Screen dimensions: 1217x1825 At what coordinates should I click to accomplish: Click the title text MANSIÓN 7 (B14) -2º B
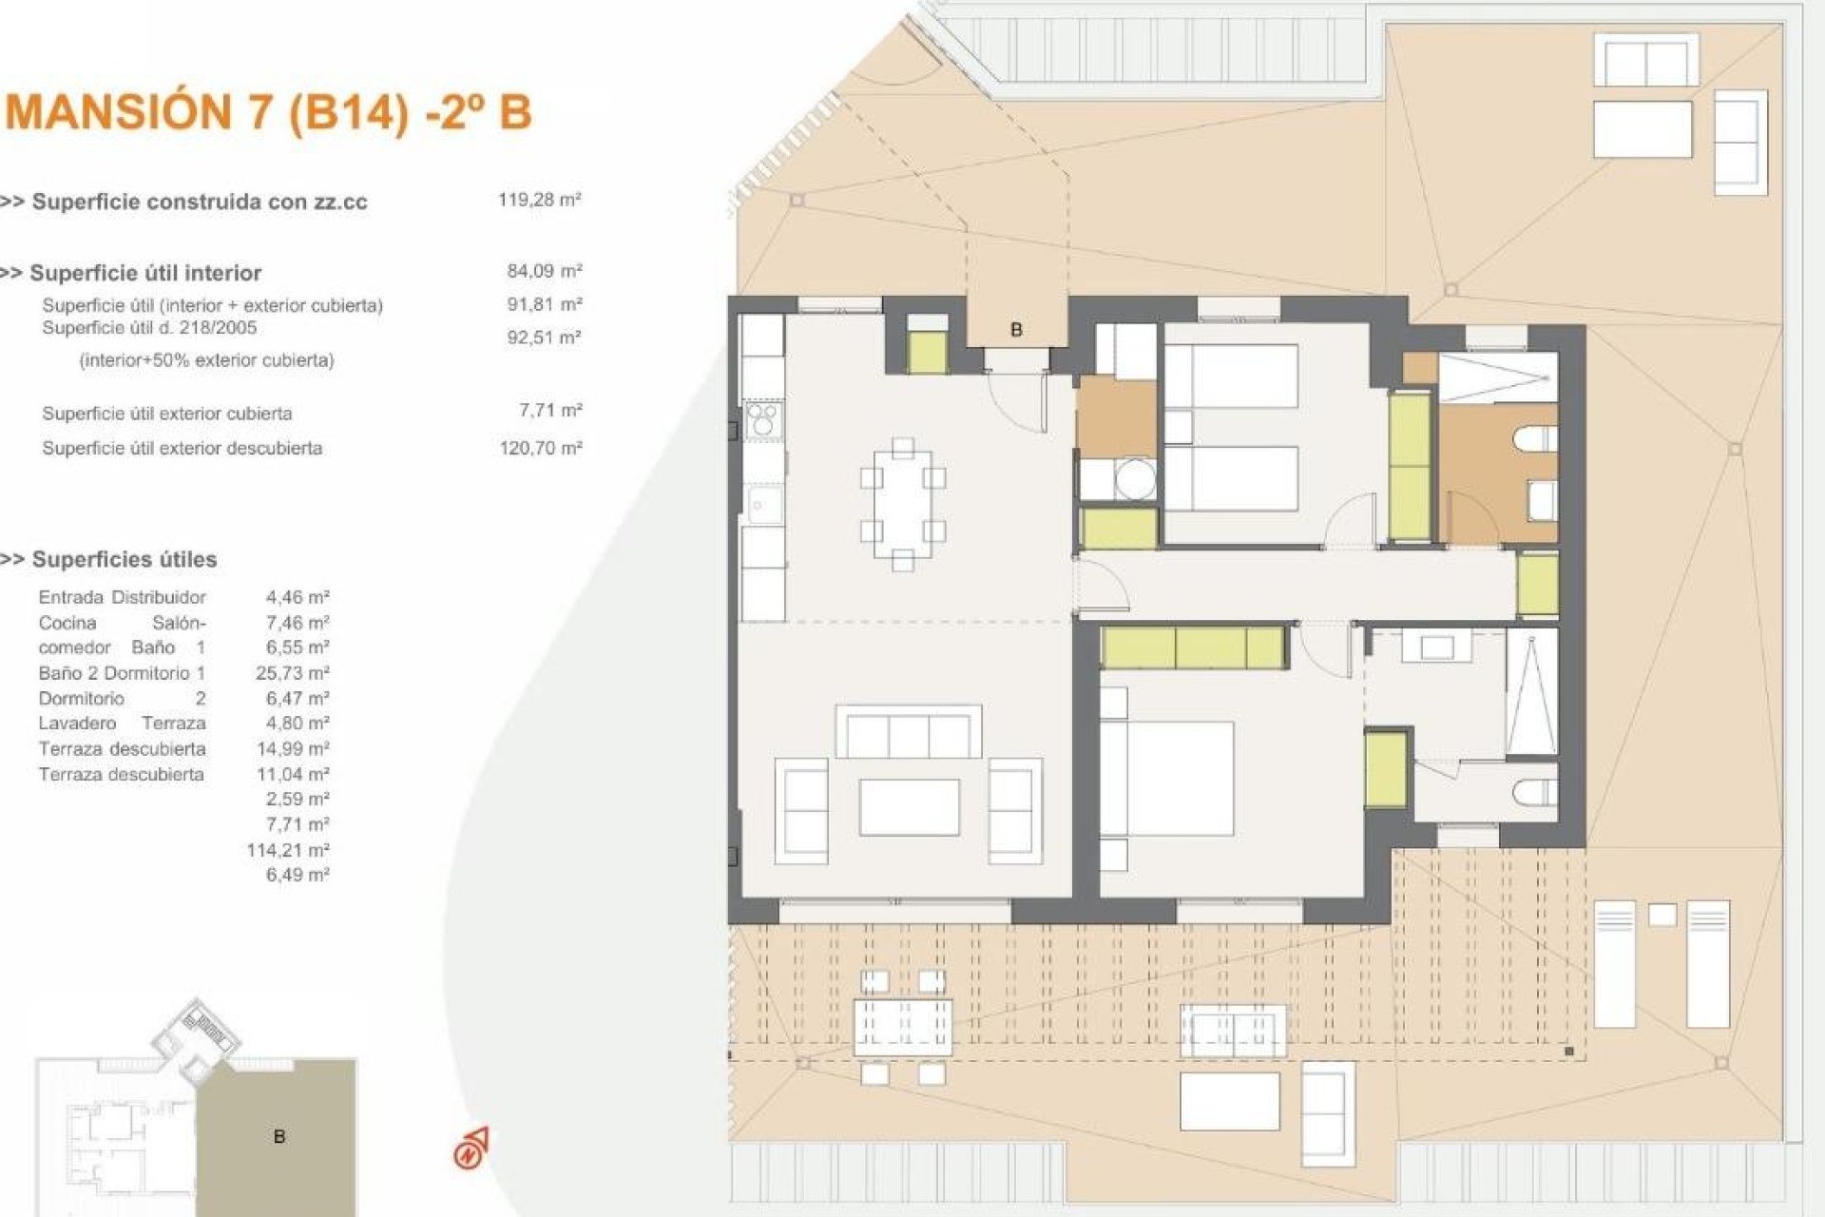269,113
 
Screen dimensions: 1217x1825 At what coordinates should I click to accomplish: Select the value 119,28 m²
539,200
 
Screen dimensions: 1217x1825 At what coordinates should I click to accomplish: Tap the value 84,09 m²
544,271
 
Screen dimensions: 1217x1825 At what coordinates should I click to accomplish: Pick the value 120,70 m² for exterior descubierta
540,448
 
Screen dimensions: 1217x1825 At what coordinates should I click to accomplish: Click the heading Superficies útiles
124,559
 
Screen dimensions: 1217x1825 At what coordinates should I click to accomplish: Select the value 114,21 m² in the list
287,850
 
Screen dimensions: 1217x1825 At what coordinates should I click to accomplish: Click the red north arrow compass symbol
471,1149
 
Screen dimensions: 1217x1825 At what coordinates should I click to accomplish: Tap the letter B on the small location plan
279,1137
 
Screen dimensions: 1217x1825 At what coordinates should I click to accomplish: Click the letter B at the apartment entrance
1016,330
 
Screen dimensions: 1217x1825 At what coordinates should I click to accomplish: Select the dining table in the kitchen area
903,504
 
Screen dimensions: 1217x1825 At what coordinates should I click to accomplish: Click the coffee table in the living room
909,806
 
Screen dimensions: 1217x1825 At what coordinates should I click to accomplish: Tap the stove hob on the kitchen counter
762,419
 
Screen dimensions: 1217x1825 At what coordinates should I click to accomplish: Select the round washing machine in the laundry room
1133,478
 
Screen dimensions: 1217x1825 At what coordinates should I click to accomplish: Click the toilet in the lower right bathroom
1536,792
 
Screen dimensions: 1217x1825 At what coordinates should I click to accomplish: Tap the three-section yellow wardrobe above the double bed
1193,648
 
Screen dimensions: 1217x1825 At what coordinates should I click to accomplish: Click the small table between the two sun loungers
1662,915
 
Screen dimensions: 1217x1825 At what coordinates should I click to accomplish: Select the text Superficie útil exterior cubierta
166,414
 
